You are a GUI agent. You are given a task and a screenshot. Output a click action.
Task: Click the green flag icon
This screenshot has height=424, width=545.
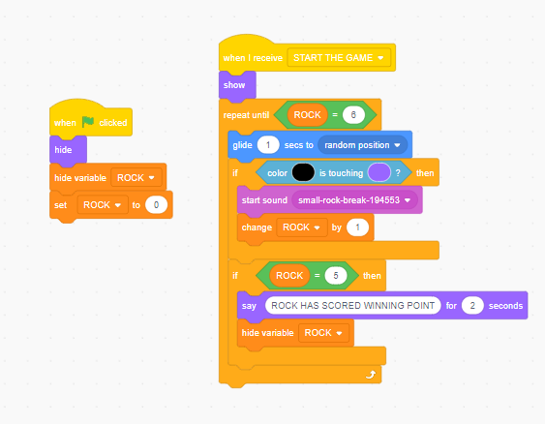88,122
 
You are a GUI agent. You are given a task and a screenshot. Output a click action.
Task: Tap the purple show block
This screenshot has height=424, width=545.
237,85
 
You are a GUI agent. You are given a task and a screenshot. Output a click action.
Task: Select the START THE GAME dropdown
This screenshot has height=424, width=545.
339,58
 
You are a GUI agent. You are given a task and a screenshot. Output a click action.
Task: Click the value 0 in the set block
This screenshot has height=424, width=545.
157,204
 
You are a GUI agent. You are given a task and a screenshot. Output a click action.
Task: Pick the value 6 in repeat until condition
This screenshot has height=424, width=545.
353,114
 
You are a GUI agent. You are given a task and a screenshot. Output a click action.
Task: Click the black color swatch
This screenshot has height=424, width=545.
303,172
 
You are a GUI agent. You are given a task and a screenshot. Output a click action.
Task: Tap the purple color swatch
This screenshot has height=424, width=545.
379,172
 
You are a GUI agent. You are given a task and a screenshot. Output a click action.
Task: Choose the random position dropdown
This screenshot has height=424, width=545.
362,145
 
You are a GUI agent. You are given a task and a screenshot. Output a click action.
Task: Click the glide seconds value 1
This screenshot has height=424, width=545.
268,145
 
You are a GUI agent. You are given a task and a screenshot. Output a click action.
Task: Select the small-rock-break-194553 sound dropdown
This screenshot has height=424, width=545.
354,199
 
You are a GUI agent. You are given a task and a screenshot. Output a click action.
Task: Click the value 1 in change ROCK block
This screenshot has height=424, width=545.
357,227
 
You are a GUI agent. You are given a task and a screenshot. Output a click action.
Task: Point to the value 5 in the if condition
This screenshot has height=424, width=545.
336,276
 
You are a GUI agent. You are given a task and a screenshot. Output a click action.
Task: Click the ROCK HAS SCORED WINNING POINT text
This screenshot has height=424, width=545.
352,306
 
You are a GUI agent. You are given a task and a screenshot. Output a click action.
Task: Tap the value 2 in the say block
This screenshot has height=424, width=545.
472,306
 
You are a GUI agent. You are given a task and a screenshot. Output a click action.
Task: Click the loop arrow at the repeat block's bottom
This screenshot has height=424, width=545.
371,375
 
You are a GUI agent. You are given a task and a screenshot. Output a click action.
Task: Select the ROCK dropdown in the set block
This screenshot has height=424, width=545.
103,204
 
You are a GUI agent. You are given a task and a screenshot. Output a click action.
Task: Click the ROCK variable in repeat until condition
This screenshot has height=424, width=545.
307,114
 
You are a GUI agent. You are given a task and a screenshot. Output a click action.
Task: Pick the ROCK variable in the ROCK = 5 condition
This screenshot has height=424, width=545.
289,276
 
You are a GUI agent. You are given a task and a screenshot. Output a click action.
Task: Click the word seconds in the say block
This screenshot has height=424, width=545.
505,306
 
